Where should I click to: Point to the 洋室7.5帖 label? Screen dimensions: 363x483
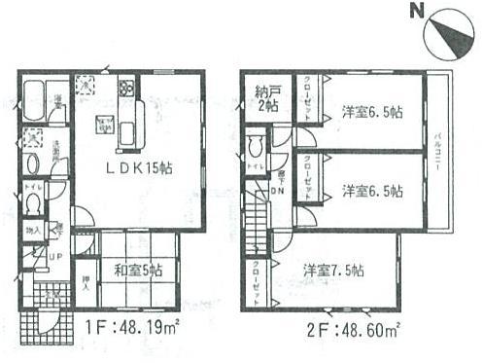click(332, 270)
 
